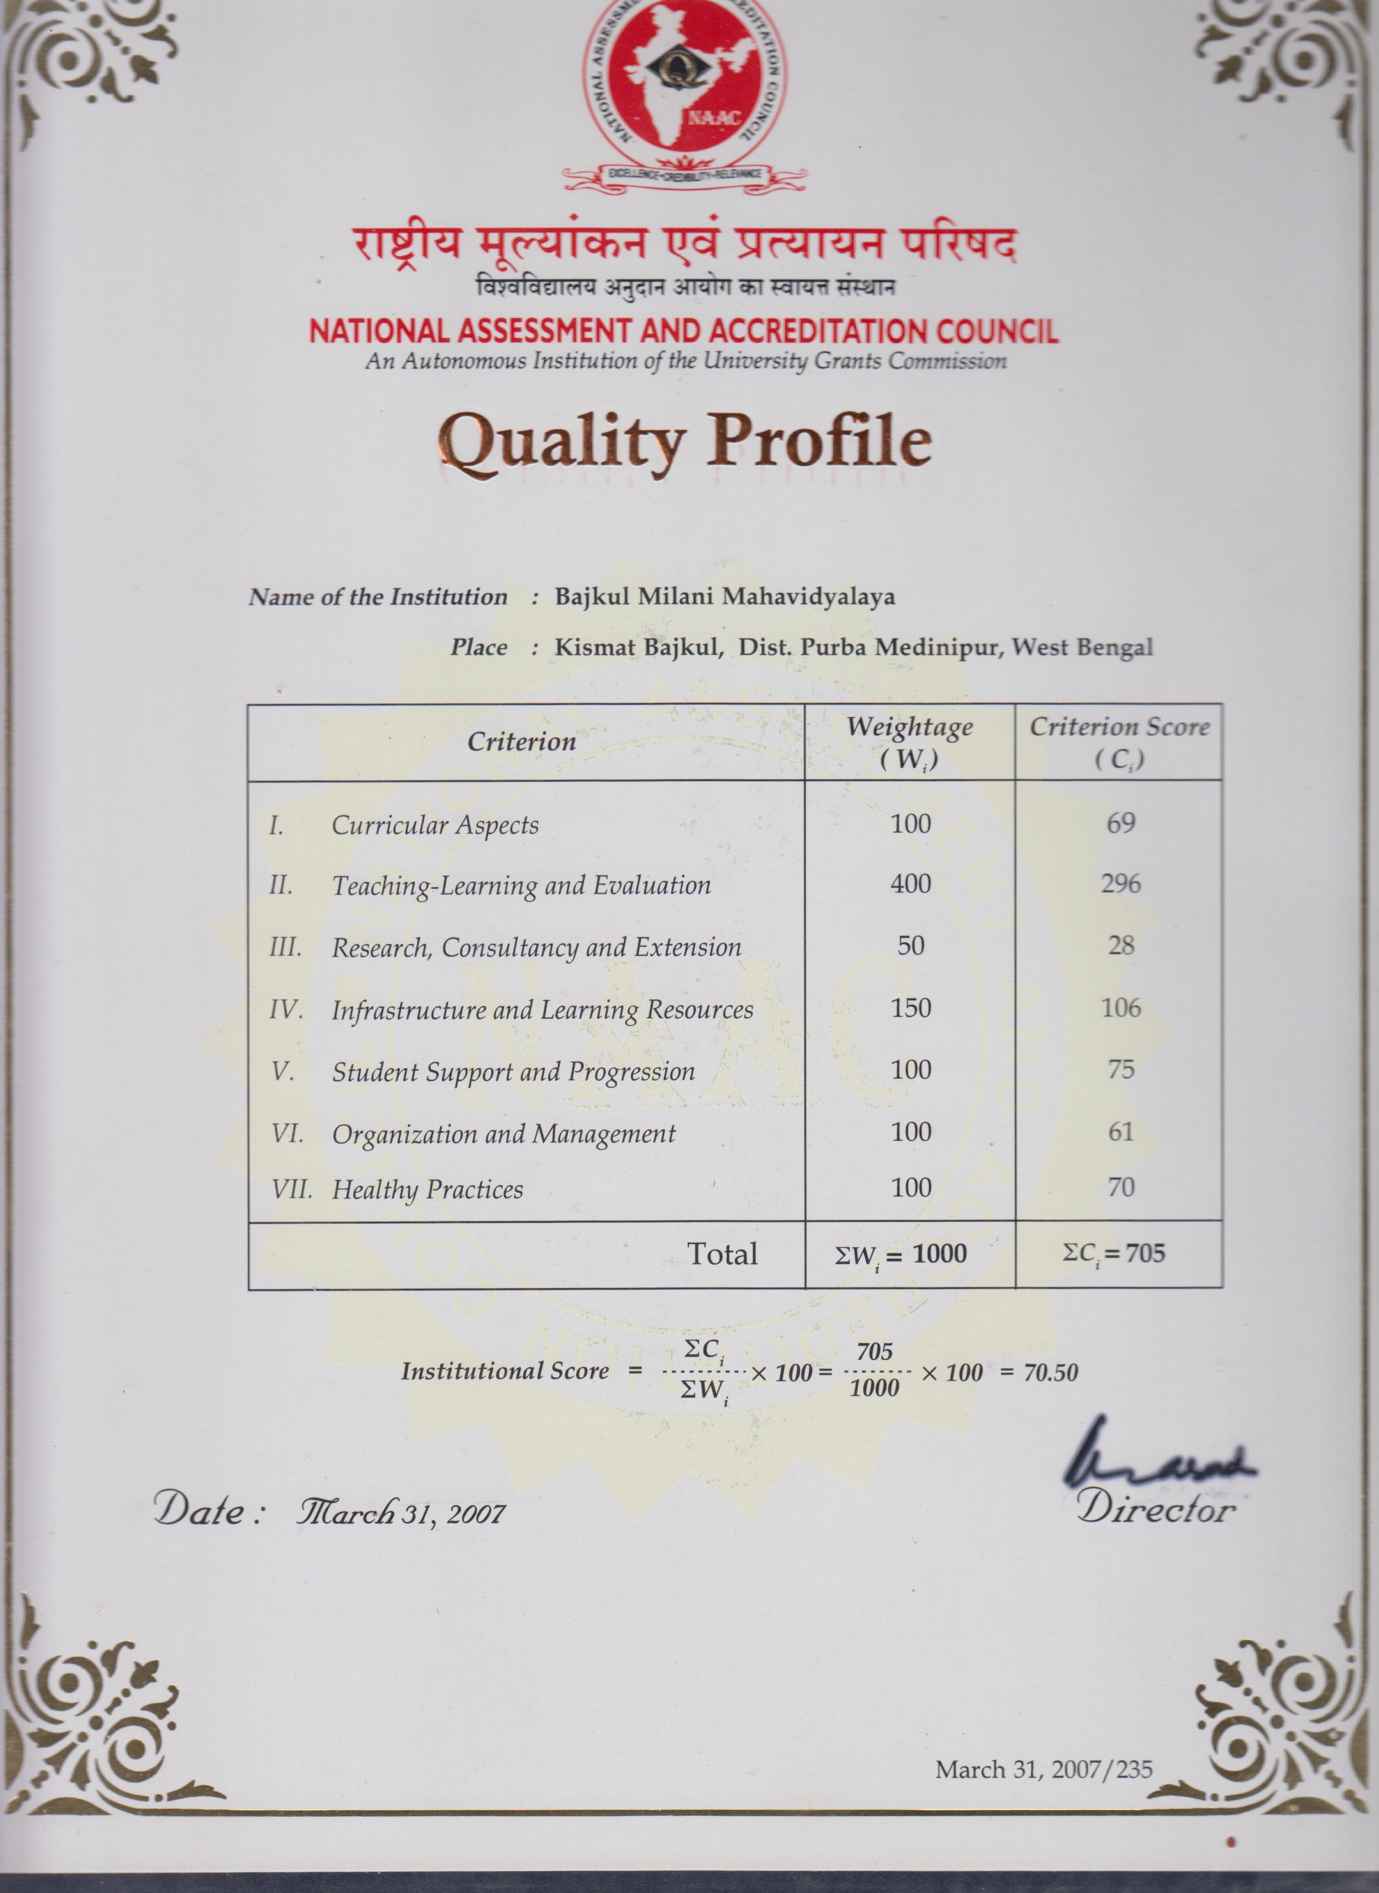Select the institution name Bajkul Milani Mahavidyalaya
point(725,597)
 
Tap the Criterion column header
point(522,742)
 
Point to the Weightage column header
point(910,742)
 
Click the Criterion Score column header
point(1119,742)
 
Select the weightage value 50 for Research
point(911,946)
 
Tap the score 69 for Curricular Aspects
point(1120,823)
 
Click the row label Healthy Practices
point(427,1190)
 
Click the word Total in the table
point(722,1254)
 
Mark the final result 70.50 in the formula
point(1050,1373)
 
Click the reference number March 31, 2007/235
point(1043,1770)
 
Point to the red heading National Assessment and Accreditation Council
point(684,331)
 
